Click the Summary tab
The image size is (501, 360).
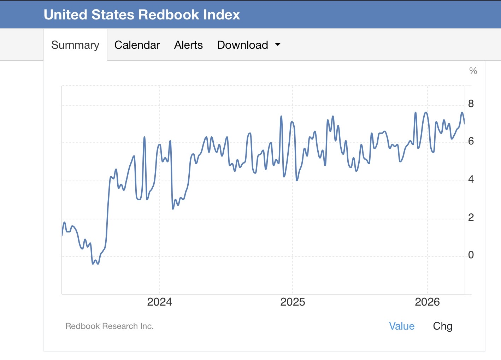75,45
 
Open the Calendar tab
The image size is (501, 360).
137,45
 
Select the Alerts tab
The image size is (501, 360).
189,45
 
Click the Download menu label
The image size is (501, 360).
243,45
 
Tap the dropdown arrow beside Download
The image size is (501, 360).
278,44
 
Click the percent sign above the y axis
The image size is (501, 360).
473,71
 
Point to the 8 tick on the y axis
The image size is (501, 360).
471,104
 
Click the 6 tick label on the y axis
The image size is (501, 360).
471,141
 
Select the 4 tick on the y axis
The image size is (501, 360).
471,179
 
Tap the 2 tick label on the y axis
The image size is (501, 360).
471,217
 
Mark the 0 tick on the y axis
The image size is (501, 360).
471,255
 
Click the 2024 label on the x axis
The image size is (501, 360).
159,302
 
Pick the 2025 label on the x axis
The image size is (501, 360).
293,302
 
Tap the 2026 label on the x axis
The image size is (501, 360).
427,302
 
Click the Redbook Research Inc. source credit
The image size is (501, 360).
110,326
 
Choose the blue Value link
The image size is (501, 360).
402,326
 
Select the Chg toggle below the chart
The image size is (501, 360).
443,326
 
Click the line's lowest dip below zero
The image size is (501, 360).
93,264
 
